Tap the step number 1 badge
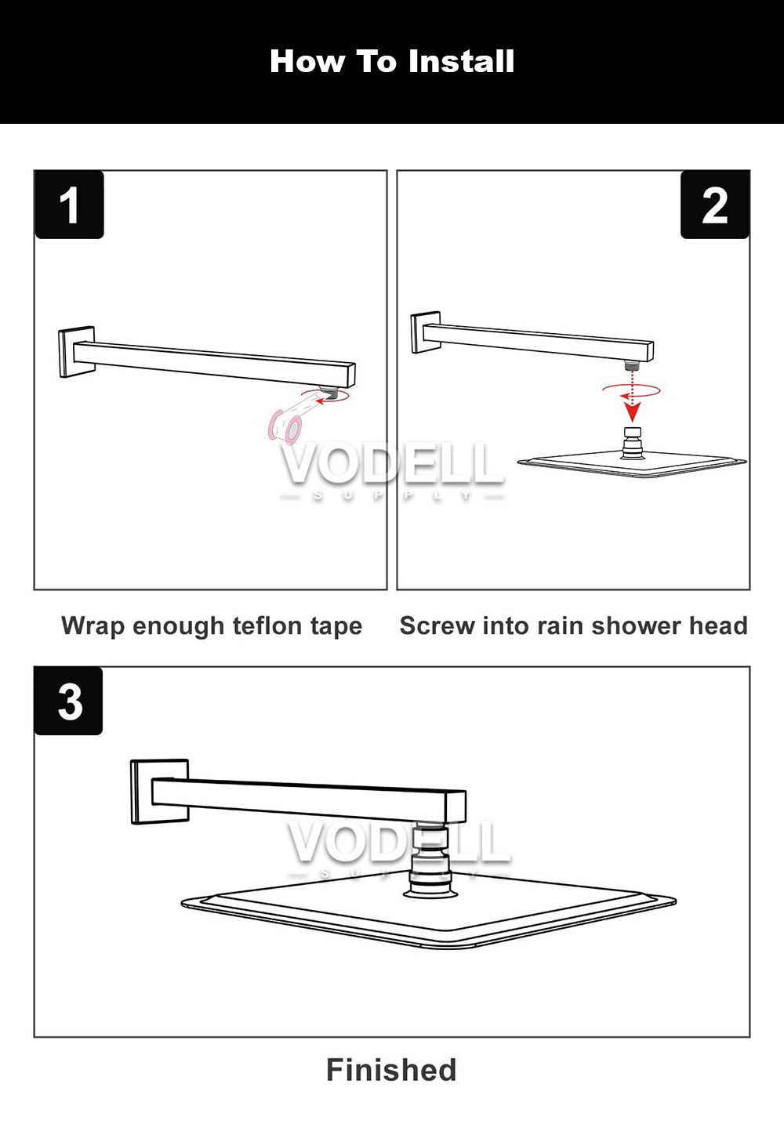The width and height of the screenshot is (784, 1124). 69,205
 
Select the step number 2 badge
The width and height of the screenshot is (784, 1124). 714,205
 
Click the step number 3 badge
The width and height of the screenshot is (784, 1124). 69,701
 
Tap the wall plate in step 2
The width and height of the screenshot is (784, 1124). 419,332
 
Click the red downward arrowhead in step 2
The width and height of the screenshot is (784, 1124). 632,412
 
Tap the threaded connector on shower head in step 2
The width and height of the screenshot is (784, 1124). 633,442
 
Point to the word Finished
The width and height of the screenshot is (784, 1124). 391,1070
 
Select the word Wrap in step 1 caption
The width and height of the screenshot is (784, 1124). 93,626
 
